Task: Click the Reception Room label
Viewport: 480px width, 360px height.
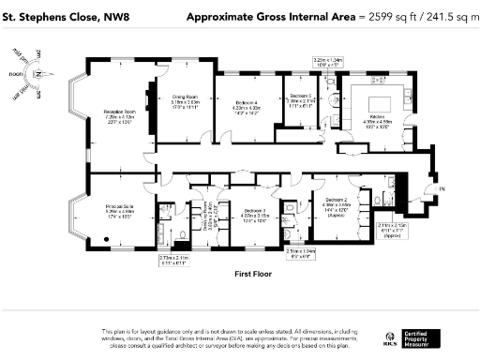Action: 119,112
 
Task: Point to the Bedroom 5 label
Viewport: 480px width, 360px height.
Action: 300,97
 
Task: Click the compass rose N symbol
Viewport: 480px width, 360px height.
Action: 33,74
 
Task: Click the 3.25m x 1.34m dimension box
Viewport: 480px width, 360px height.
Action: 328,62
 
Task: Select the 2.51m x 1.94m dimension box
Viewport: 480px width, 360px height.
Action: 301,252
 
